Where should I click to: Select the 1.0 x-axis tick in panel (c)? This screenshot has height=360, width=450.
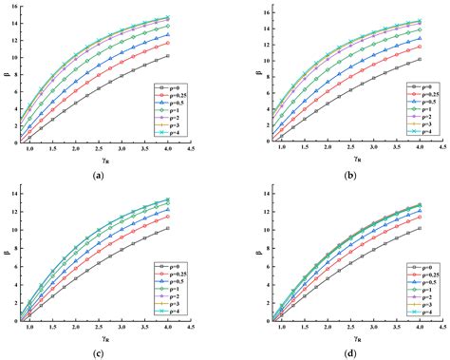coord(28,330)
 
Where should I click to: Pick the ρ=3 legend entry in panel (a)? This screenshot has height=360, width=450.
coord(174,124)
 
